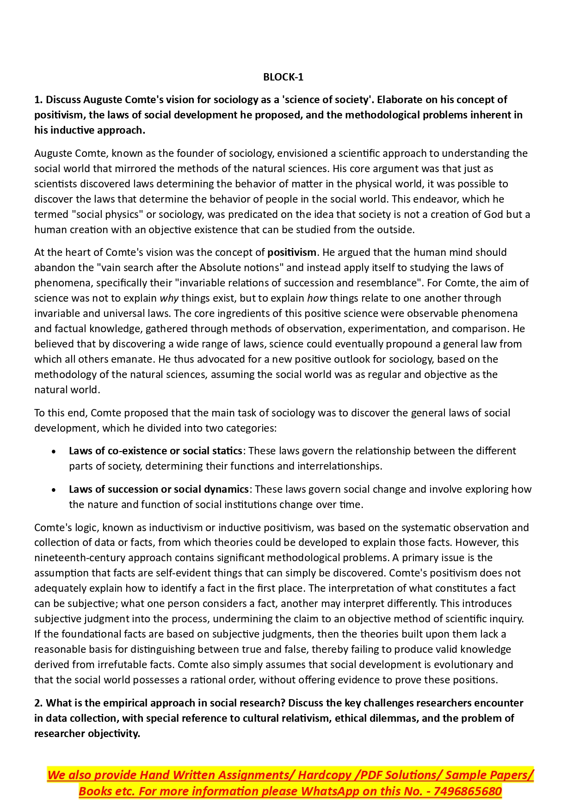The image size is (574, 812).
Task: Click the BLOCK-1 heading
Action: coord(283,77)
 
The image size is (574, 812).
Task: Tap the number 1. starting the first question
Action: coord(38,100)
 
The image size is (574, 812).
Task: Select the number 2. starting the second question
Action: coord(38,703)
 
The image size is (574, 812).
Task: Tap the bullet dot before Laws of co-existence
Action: coord(54,452)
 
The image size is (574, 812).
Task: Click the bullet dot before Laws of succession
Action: coord(54,490)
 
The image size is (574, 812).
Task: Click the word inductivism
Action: coord(176,528)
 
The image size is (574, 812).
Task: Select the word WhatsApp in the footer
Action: coord(330,792)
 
